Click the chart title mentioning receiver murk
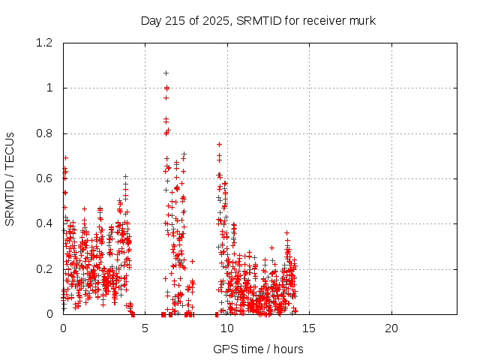258,20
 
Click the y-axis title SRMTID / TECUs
10,178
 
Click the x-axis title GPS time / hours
258,349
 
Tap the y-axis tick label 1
50,88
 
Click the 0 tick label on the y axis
50,314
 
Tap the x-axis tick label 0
63,328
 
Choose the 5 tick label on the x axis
145,328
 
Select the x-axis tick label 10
227,328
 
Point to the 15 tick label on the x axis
309,328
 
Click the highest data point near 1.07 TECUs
166,73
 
